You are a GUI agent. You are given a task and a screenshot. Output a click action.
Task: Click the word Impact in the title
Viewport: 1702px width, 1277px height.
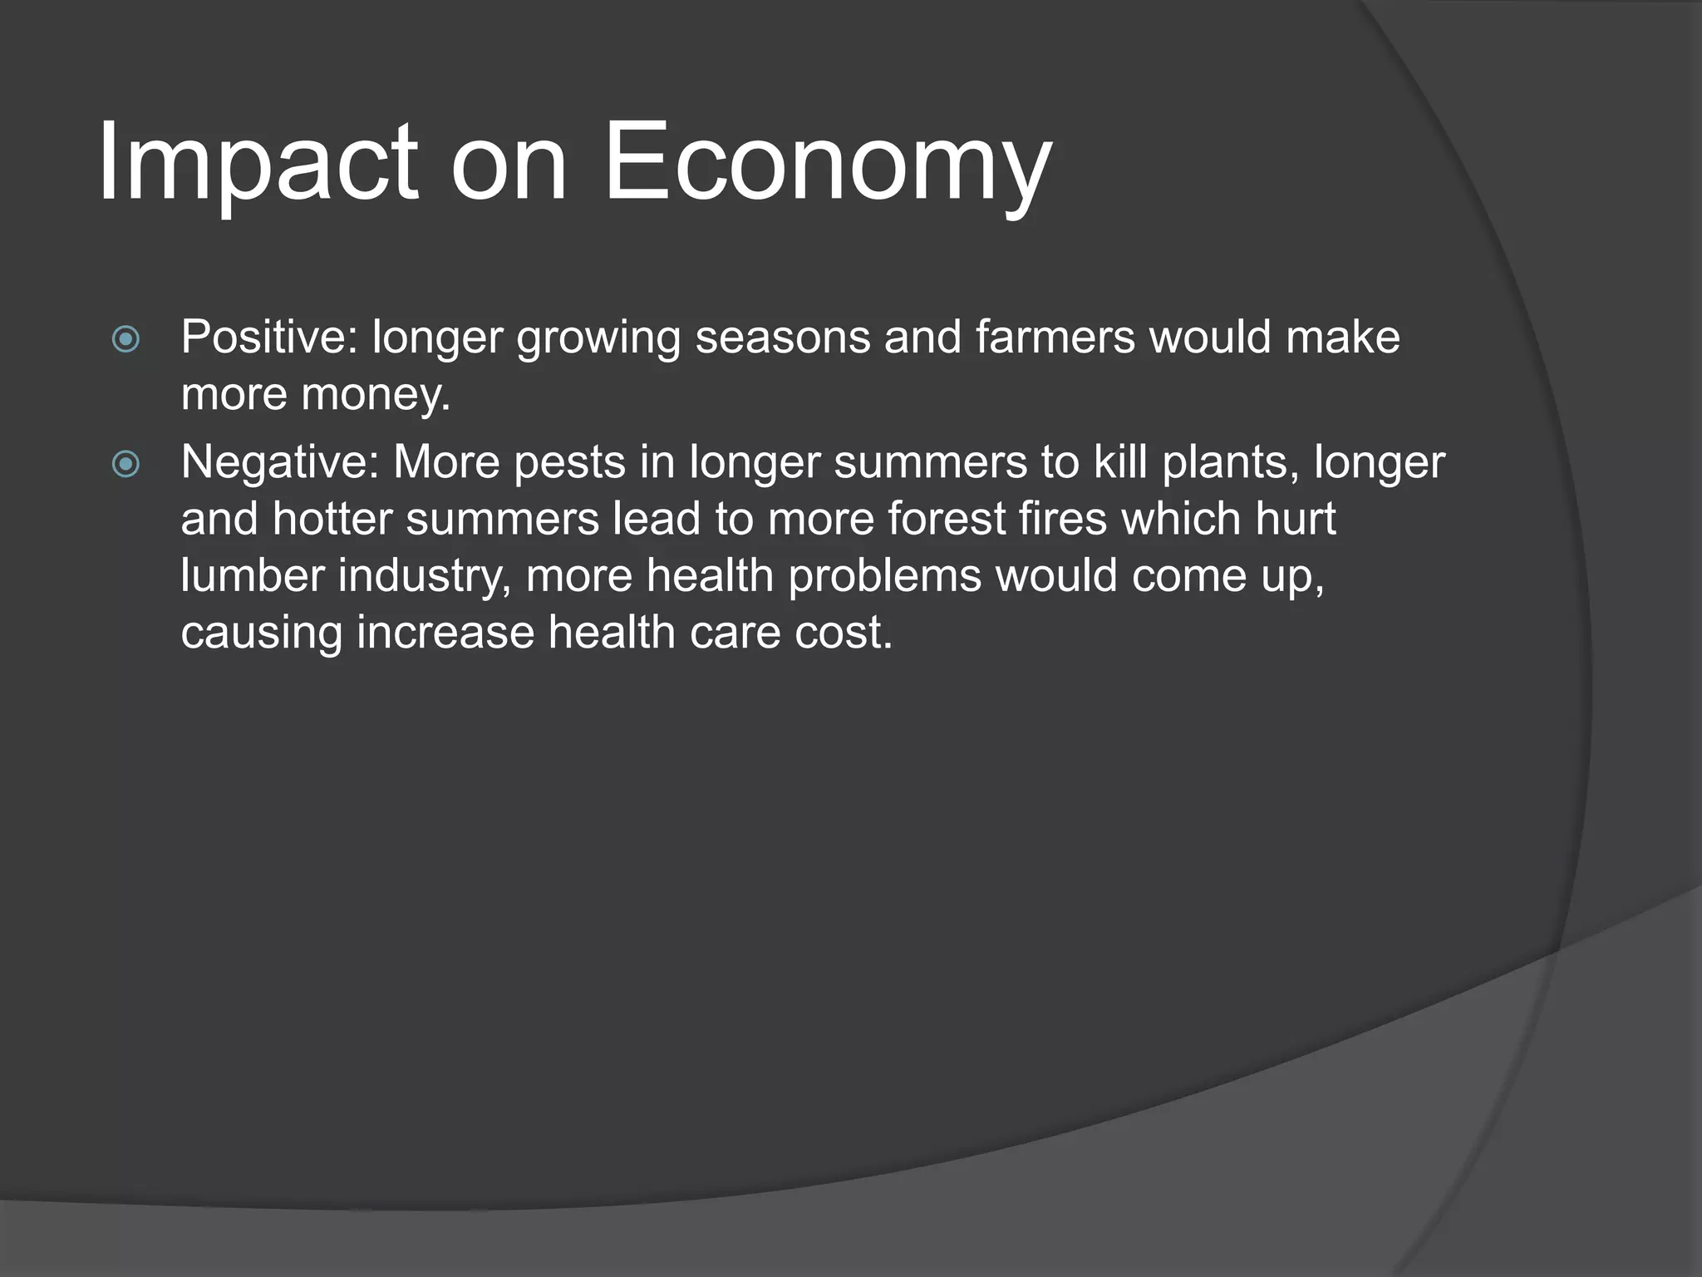tap(258, 162)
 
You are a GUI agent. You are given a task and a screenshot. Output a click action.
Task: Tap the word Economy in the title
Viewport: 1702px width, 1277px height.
tap(827, 162)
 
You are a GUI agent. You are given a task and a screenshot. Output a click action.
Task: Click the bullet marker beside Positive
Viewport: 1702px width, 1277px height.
tap(125, 339)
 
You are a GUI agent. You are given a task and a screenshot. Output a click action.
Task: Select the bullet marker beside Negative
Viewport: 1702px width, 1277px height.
tap(125, 464)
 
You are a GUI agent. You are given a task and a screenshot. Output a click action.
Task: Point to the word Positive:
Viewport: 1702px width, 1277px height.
tap(269, 338)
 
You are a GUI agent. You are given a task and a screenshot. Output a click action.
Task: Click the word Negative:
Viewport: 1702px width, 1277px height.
tap(280, 462)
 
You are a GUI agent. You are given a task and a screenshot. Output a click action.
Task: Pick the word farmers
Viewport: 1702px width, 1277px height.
tap(1055, 338)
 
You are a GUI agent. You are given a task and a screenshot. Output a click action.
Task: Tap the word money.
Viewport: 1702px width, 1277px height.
tap(376, 394)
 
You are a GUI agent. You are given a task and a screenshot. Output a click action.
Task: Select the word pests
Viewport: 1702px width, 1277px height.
tap(569, 462)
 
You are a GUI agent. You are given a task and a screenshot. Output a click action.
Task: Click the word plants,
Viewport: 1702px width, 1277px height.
tap(1231, 462)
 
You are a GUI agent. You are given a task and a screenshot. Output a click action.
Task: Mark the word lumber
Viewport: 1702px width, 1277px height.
tap(253, 575)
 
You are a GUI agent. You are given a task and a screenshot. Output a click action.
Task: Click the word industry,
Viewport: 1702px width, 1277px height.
tap(425, 575)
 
